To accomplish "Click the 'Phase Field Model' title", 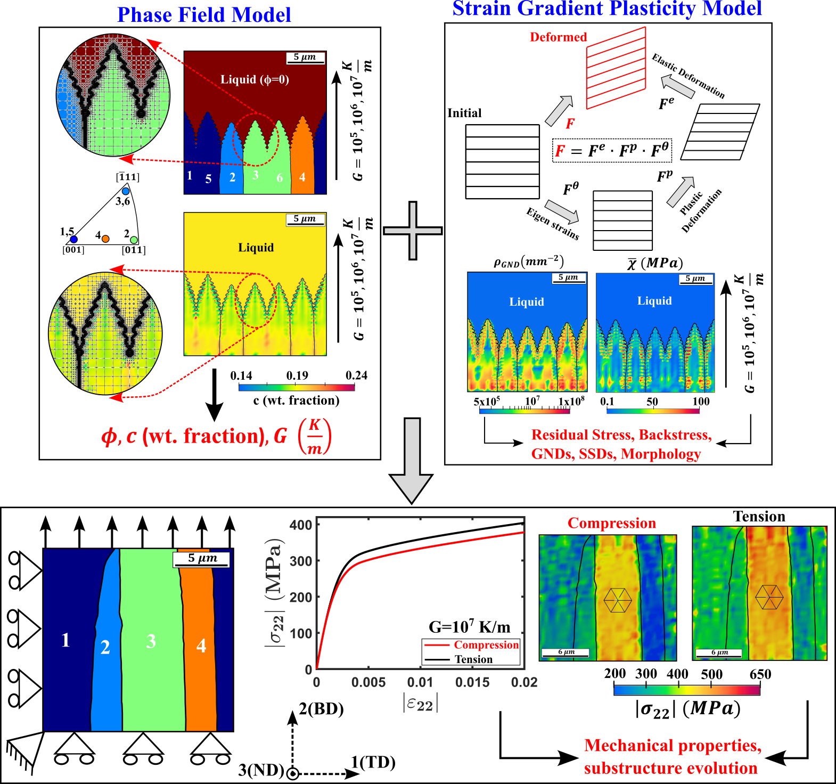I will coord(204,15).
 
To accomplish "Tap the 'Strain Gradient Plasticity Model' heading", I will coord(607,9).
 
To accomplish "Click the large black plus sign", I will coord(413,231).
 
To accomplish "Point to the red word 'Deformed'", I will coord(558,37).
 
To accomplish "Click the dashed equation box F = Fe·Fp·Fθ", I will coord(612,150).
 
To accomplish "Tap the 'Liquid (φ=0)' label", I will coord(255,79).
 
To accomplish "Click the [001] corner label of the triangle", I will coord(73,250).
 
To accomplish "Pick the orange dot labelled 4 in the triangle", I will coord(105,239).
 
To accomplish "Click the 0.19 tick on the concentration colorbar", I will coord(297,376).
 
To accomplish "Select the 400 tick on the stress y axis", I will coord(301,525).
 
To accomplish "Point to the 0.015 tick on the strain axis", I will coord(472,682).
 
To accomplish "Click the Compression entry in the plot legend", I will coord(486,645).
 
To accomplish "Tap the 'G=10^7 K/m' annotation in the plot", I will coord(469,626).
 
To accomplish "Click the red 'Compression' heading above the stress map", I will coord(612,523).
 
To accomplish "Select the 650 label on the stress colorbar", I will coord(760,674).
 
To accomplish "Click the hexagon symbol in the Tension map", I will coord(769,598).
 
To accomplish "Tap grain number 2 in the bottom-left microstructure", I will coord(105,647).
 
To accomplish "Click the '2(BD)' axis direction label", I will coord(321,709).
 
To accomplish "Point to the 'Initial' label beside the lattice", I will coord(464,113).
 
